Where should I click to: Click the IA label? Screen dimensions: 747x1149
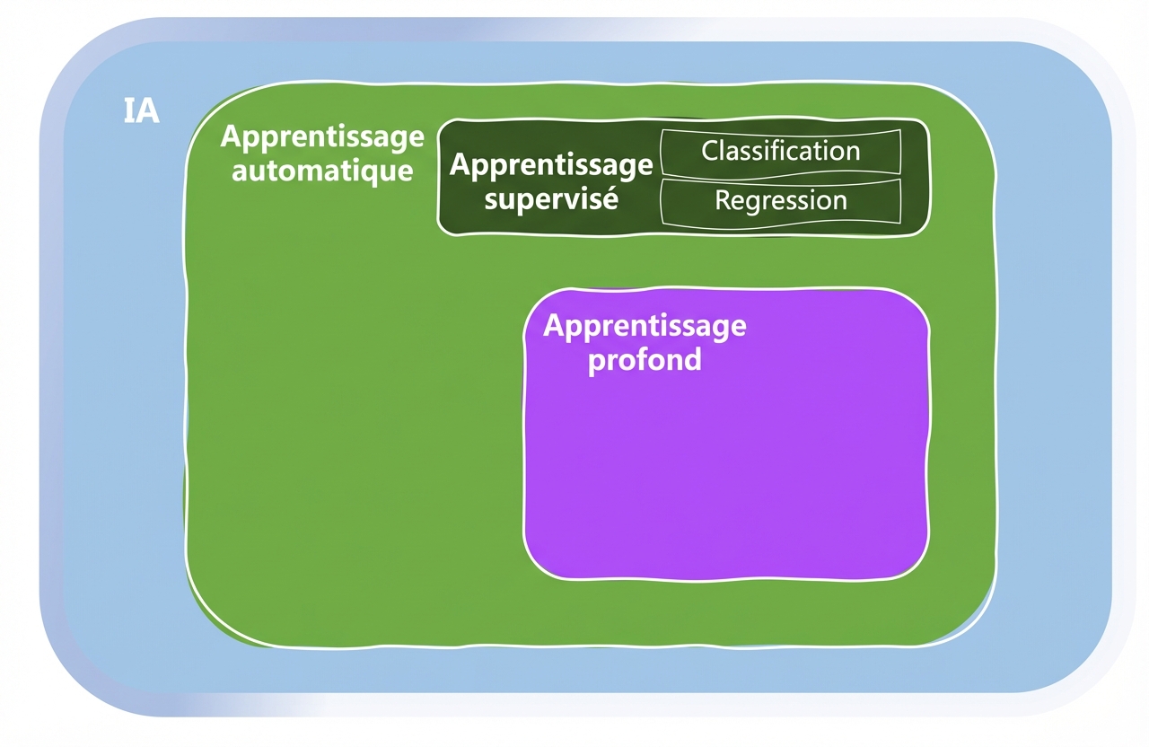(140, 111)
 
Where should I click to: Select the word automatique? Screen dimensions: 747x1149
(322, 170)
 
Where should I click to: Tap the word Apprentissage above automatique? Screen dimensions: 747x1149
(322, 137)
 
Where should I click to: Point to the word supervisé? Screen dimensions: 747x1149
(551, 198)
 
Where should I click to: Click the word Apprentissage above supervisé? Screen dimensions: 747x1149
(551, 166)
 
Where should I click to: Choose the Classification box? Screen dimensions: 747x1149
(780, 151)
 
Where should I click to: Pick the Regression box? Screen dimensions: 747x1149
(780, 200)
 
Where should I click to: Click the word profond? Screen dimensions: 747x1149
(644, 360)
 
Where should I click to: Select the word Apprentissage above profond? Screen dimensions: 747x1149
(644, 326)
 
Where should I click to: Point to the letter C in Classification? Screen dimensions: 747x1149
(710, 151)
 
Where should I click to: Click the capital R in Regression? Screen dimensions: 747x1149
(723, 200)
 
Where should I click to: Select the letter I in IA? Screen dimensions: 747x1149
(127, 111)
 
